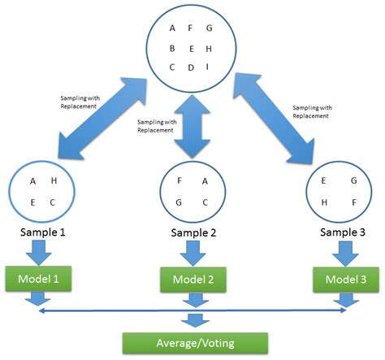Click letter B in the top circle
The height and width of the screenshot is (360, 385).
(x=172, y=48)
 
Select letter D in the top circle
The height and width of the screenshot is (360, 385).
(x=192, y=67)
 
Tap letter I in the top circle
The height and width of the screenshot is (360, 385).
(x=210, y=67)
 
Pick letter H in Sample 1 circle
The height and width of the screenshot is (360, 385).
(x=54, y=181)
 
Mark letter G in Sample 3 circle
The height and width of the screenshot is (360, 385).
(x=353, y=181)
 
